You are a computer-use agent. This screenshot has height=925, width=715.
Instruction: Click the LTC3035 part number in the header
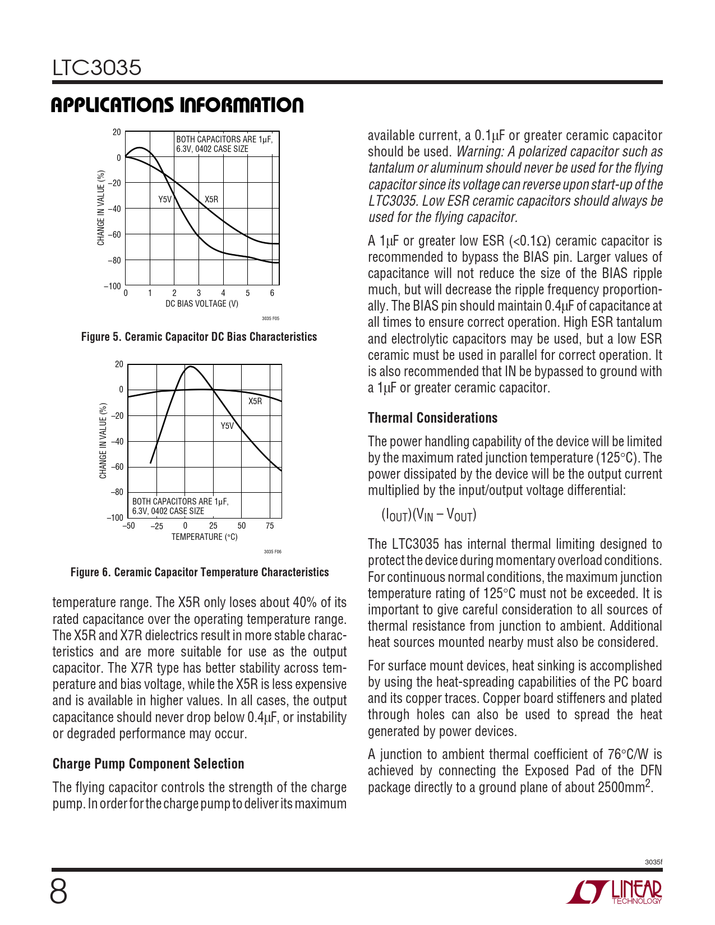97,68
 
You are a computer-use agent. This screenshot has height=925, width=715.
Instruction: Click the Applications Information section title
177,105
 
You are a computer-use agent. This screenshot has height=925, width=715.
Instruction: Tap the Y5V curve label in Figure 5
165,200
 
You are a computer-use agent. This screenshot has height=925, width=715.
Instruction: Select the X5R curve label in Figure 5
211,200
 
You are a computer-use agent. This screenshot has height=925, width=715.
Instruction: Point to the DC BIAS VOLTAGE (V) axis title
202,304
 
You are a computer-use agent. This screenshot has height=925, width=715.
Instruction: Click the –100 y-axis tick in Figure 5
112,286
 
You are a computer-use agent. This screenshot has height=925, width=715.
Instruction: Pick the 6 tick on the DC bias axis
272,293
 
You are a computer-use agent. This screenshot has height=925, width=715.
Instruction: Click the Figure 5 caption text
199,337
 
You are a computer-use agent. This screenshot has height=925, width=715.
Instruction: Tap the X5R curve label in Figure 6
255,401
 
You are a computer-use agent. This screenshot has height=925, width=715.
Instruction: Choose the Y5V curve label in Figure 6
227,426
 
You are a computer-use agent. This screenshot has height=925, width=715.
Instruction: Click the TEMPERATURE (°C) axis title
205,537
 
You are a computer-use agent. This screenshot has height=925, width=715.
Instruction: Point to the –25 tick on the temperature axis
157,526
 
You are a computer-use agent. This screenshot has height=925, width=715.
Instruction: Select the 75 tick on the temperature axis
270,526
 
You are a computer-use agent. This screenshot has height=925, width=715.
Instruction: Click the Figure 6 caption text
200,572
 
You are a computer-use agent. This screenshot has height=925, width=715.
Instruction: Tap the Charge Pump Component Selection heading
149,764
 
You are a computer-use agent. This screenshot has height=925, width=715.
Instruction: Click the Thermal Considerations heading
432,418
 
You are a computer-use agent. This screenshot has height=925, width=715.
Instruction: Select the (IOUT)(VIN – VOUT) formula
429,515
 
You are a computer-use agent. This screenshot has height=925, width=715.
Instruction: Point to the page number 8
58,892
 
